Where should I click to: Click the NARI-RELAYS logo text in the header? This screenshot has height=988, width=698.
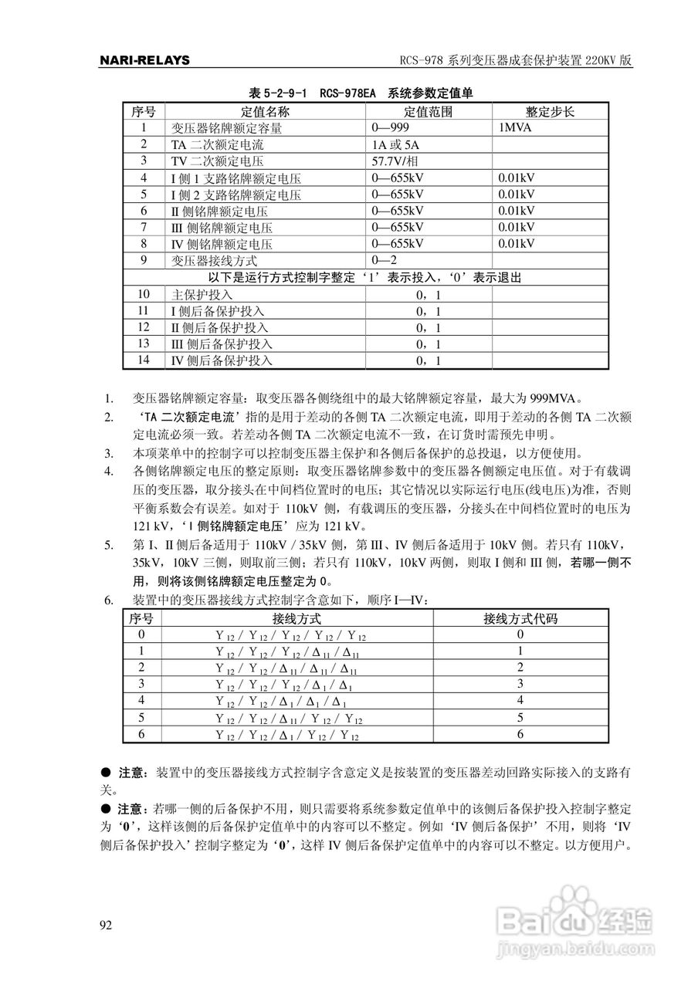pyautogui.click(x=144, y=60)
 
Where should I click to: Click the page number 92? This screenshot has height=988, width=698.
pyautogui.click(x=107, y=925)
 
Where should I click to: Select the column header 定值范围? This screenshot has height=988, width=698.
pyautogui.click(x=429, y=111)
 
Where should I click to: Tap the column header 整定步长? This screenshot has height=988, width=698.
pyautogui.click(x=550, y=111)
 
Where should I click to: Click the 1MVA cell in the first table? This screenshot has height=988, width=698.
pyautogui.click(x=516, y=127)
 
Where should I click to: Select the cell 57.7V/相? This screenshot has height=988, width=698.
pyautogui.click(x=402, y=161)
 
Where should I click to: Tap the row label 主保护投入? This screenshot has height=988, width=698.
pyautogui.click(x=202, y=295)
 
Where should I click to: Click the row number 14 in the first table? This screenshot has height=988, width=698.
pyautogui.click(x=143, y=360)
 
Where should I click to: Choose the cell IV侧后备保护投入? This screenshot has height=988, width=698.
pyautogui.click(x=222, y=360)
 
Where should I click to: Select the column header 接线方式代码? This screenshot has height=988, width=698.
pyautogui.click(x=520, y=618)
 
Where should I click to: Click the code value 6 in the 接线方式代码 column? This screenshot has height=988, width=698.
pyautogui.click(x=520, y=734)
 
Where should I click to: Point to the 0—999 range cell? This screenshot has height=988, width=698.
pyautogui.click(x=391, y=127)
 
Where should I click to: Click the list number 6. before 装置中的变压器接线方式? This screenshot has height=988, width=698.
pyautogui.click(x=109, y=600)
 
